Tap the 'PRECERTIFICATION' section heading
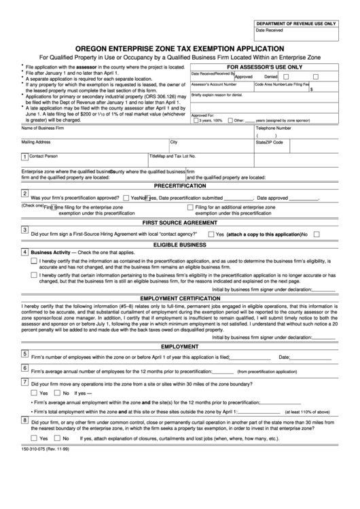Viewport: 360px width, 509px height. coord(180,186)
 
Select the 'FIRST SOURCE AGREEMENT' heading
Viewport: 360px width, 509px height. coord(180,222)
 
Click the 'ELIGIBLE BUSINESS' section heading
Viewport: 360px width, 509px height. coord(180,243)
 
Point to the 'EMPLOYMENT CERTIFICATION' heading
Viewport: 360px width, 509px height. coord(180,298)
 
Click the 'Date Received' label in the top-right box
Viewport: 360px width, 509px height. coord(269,31)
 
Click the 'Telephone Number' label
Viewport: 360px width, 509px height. coord(274,128)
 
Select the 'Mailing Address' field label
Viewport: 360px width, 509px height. coord(36,142)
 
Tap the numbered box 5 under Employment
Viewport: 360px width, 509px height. coord(25,353)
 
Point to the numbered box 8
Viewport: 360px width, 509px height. coord(25,420)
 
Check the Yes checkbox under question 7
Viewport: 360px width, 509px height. coord(34,393)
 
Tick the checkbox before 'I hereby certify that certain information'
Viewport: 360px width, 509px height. coord(34,275)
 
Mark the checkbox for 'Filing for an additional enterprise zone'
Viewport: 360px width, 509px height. coord(189,206)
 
